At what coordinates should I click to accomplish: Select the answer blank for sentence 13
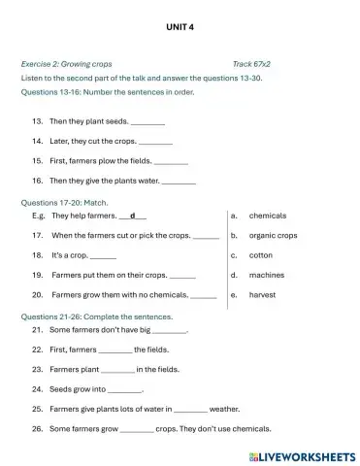pyautogui.click(x=147, y=122)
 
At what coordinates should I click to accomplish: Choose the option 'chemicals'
pyautogui.click(x=268, y=216)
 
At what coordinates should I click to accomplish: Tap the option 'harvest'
pyautogui.click(x=263, y=294)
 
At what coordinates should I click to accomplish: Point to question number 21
pyautogui.click(x=38, y=330)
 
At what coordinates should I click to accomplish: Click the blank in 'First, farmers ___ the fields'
pyautogui.click(x=115, y=349)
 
